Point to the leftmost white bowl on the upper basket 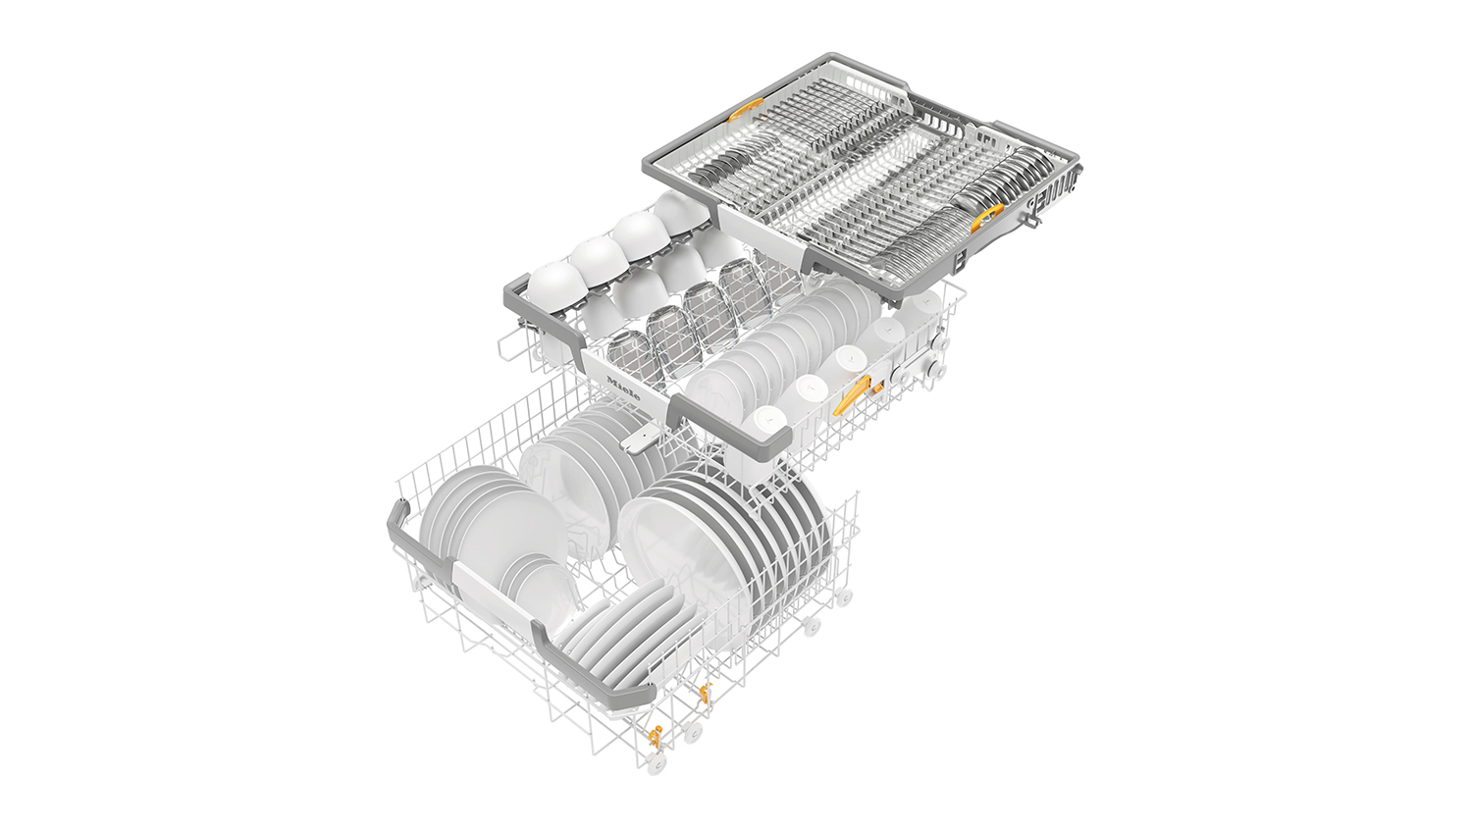pos(553,281)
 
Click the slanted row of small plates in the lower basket pos(618,628)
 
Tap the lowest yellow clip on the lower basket pos(655,733)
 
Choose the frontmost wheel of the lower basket pos(657,760)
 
